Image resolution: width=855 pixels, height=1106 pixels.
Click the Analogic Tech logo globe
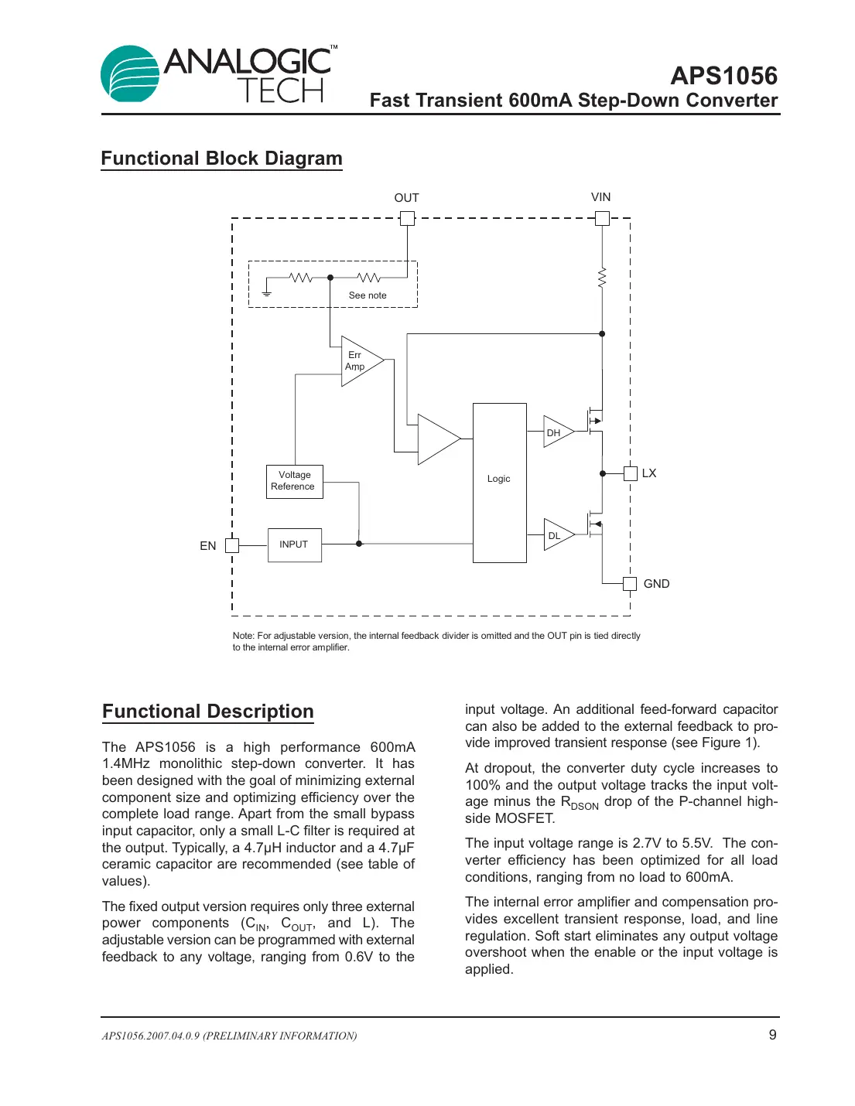tap(130, 74)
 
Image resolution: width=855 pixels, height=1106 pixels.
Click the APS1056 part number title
tap(723, 76)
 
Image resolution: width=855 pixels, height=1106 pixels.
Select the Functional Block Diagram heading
tap(221, 159)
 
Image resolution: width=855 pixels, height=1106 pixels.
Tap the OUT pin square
tap(407, 218)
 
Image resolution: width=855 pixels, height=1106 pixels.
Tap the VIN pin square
tap(602, 218)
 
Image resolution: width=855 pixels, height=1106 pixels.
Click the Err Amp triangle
tap(358, 361)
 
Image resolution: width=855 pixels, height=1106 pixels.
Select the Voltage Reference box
tap(294, 481)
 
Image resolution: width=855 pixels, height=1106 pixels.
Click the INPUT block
tap(294, 544)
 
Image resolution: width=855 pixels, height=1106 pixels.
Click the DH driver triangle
tap(556, 432)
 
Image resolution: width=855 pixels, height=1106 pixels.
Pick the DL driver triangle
tap(556, 534)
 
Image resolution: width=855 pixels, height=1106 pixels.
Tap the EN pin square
tap(231, 545)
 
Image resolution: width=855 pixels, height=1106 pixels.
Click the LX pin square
tap(630, 473)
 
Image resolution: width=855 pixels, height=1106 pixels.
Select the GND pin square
tap(630, 583)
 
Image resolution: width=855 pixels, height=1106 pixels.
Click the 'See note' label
tap(368, 295)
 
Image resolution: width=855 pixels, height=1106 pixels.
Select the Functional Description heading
tap(208, 712)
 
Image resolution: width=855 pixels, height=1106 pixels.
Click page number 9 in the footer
tap(772, 1035)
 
